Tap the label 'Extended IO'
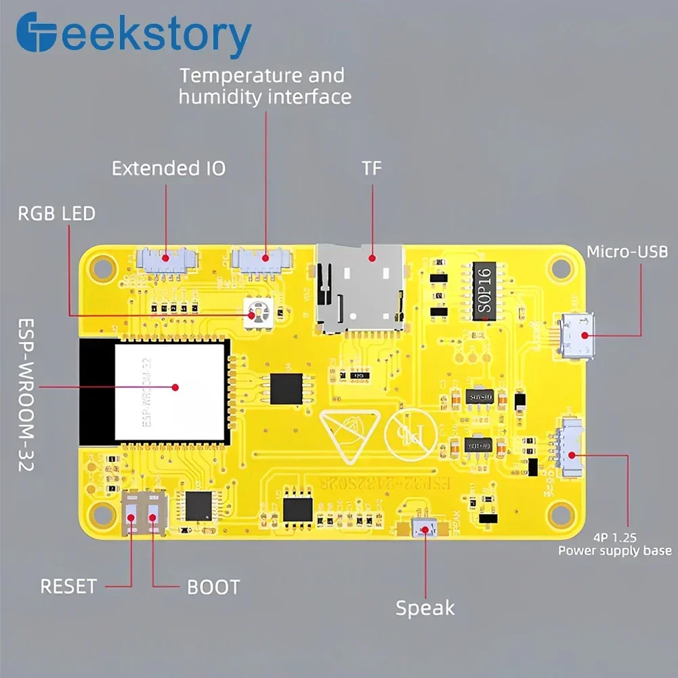click(x=169, y=168)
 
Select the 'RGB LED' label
click(x=56, y=214)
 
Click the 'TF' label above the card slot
click(x=372, y=168)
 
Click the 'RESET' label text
click(x=68, y=586)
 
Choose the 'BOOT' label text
click(x=213, y=587)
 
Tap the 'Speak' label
click(x=425, y=608)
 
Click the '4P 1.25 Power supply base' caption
click(x=615, y=543)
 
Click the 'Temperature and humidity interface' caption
click(x=265, y=85)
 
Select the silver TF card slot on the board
click(x=362, y=289)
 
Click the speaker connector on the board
click(x=425, y=529)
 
